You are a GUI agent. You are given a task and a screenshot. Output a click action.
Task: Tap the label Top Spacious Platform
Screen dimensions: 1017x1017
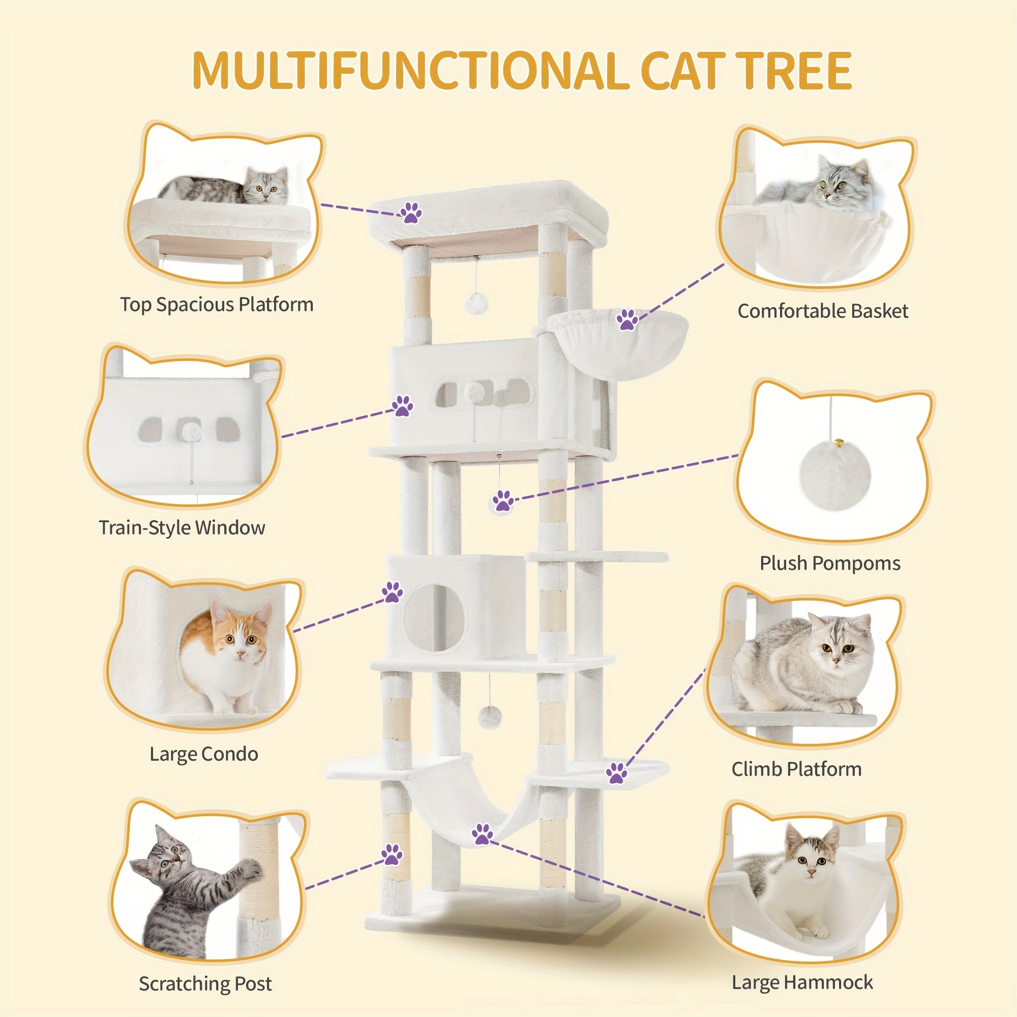pos(216,305)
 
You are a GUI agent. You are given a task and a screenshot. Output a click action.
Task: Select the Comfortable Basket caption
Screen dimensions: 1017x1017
pos(823,311)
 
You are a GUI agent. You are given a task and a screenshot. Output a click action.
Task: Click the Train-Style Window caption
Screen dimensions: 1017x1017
pos(182,527)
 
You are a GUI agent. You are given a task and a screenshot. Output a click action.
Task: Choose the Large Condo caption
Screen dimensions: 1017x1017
pos(204,754)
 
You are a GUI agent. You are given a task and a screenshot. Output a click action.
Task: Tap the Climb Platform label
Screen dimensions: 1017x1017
pos(796,769)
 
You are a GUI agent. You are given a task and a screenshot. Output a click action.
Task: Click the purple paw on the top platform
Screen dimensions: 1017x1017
pos(410,212)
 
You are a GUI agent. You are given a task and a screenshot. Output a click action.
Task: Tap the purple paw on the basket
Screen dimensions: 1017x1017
pos(627,319)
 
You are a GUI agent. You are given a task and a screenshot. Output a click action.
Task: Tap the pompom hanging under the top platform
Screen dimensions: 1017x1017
pos(477,303)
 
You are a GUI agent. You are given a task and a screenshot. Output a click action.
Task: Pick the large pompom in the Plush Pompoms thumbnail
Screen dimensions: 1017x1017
pos(834,476)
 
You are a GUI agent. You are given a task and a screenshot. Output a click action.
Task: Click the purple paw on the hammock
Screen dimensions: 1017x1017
pos(482,834)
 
